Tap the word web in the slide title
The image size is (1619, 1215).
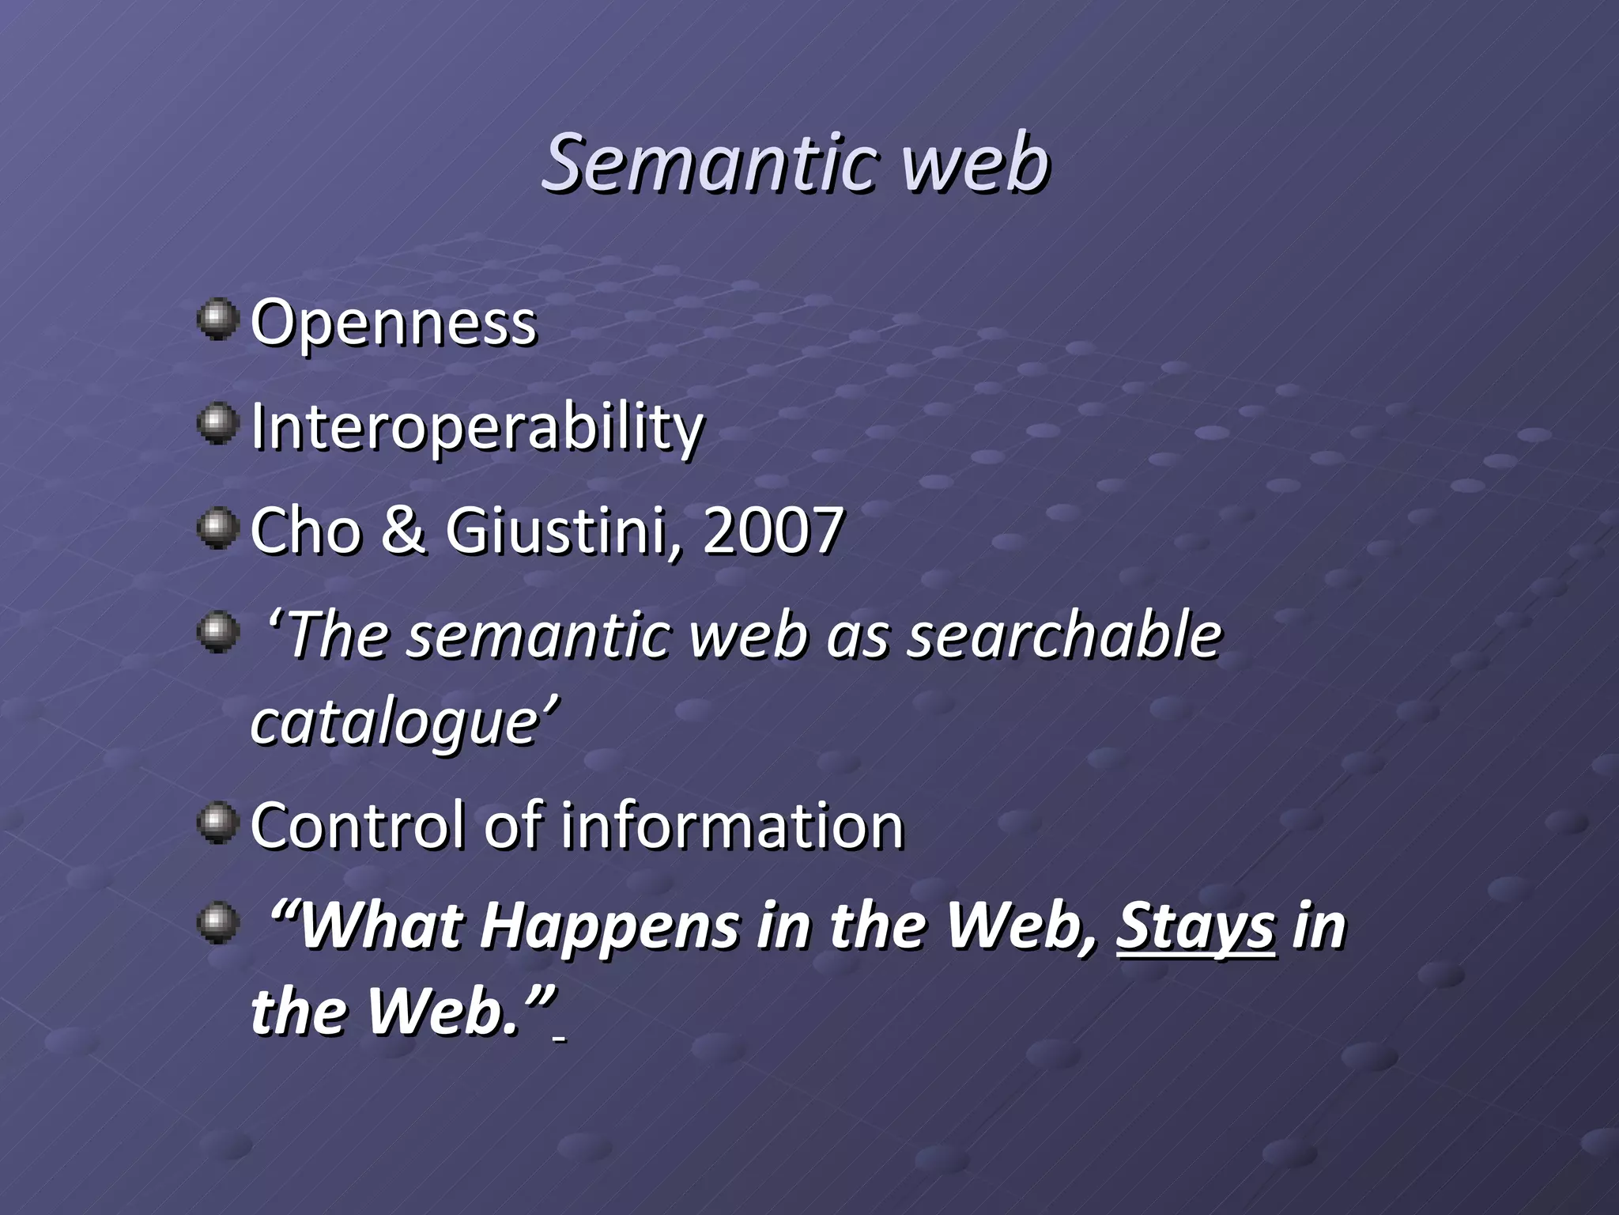[x=977, y=164]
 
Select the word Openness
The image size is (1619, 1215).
[x=393, y=324]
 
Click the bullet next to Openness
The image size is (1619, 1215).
[x=217, y=319]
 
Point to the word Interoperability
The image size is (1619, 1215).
[x=477, y=427]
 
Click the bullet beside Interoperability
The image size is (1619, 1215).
[x=217, y=423]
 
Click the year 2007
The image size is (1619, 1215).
[x=772, y=531]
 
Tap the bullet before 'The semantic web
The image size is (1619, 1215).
[x=217, y=632]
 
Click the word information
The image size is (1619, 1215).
[x=732, y=826]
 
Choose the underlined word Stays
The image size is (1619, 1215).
[x=1195, y=927]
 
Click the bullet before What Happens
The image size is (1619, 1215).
[x=217, y=922]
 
